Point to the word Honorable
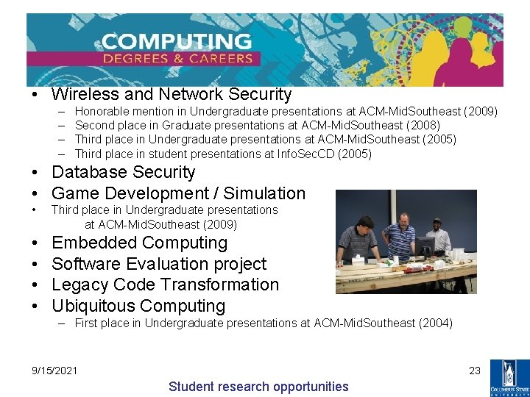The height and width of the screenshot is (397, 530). coord(102,112)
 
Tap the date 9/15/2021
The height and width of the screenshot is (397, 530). coord(54,370)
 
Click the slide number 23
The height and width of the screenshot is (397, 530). coord(475,371)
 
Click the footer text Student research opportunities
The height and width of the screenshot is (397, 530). coord(258,387)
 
